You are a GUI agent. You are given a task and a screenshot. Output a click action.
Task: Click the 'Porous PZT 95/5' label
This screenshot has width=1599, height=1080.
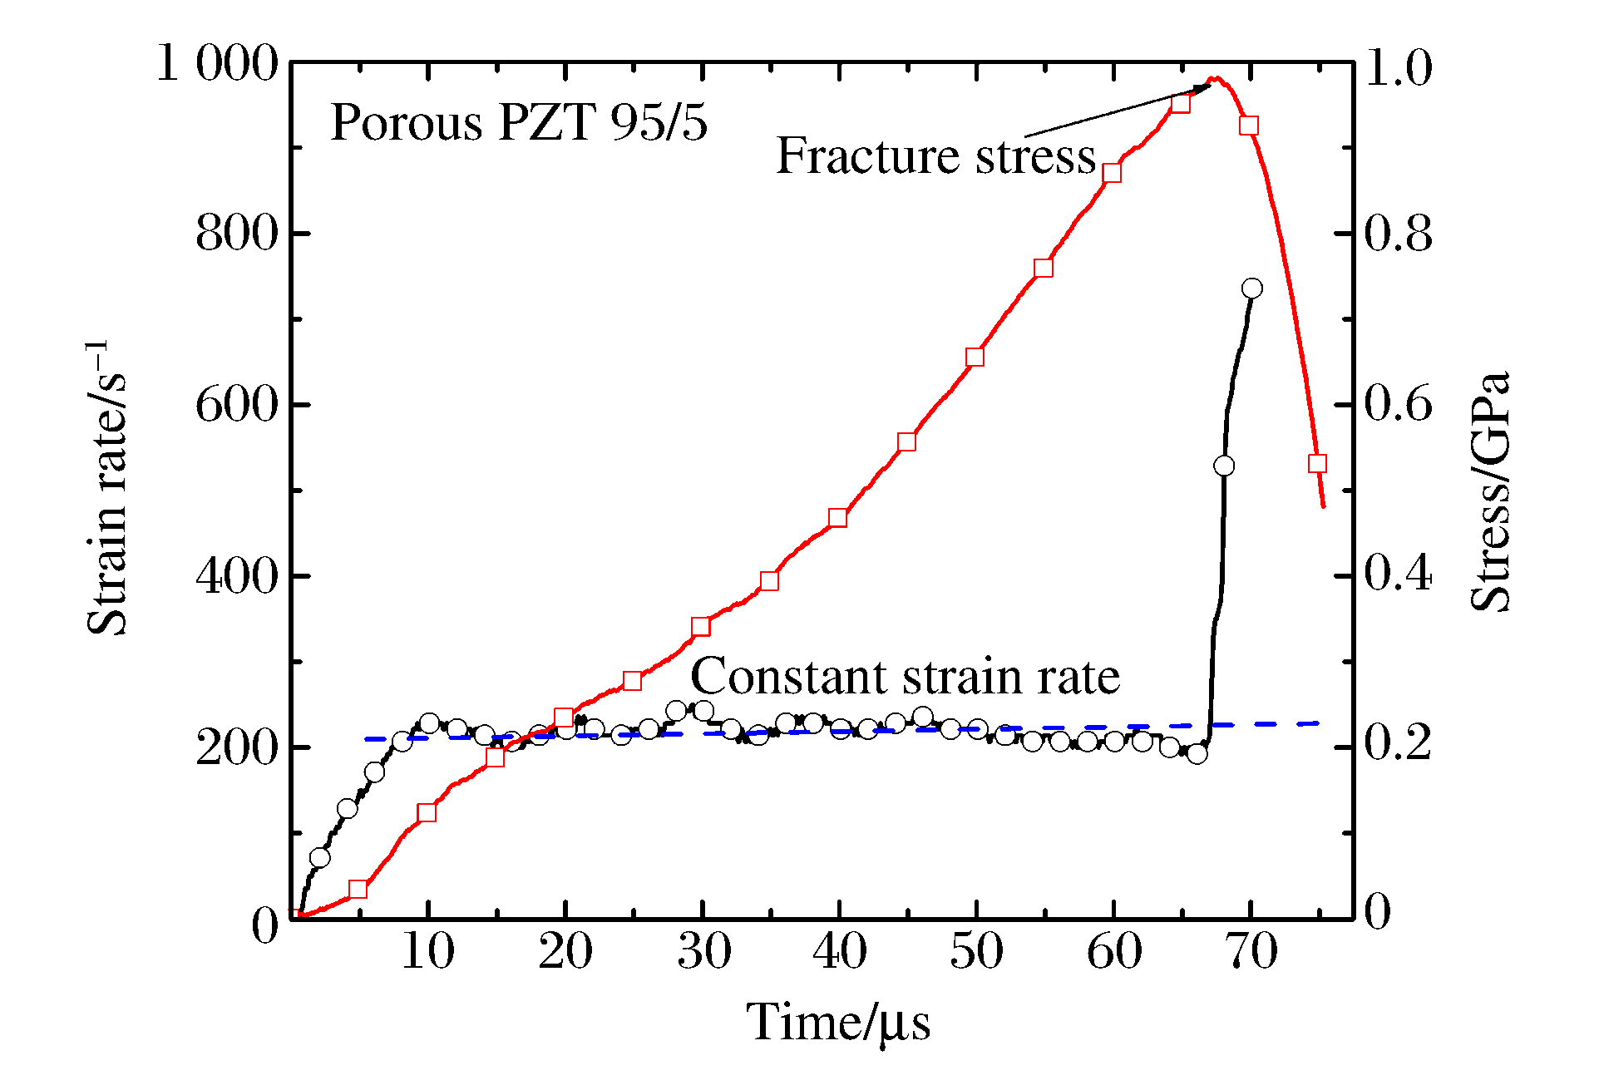click(519, 123)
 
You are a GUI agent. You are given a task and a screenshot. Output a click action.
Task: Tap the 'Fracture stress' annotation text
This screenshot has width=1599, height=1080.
click(935, 155)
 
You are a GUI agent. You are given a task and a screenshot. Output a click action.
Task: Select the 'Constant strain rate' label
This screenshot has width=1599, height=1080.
click(905, 676)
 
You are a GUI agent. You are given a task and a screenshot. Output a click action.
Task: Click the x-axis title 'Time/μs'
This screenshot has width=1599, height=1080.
click(838, 1023)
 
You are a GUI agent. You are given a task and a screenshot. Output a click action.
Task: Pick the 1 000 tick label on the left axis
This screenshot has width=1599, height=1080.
click(216, 63)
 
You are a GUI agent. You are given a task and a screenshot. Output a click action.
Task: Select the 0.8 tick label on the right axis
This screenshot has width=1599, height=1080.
click(1399, 234)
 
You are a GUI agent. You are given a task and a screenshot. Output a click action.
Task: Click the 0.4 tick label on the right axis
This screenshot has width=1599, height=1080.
click(1399, 575)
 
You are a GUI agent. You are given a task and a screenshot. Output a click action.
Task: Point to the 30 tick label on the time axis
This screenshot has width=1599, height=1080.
click(703, 951)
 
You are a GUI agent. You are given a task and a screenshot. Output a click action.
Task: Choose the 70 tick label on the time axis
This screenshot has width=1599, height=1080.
click(1251, 951)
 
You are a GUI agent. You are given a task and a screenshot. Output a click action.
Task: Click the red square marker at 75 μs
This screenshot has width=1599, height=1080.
click(1317, 463)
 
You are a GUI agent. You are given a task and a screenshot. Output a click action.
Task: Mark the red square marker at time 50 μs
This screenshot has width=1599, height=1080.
click(975, 358)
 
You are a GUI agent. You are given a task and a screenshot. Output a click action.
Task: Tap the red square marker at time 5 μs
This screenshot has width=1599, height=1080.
click(358, 890)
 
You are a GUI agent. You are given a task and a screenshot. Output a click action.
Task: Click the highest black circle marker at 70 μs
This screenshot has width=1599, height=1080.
click(1251, 288)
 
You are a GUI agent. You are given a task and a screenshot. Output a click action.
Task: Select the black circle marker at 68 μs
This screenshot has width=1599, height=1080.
click(1224, 466)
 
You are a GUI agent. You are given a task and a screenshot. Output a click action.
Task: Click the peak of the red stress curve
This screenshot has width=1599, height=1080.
click(1217, 79)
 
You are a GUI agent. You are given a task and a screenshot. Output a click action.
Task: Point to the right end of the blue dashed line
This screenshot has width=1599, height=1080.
click(1319, 723)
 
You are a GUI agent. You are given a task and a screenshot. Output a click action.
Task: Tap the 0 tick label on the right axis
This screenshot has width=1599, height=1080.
click(1377, 912)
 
